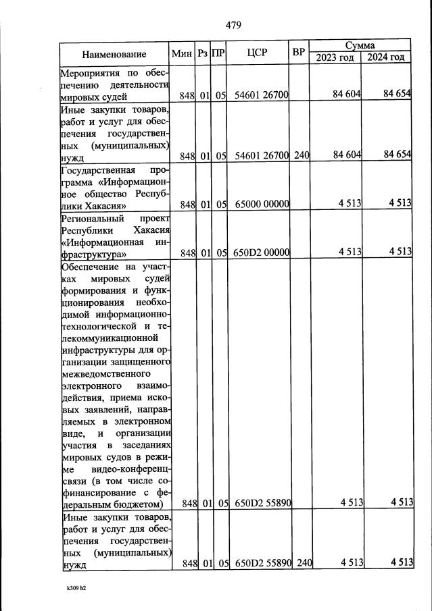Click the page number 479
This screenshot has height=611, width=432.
[x=233, y=26]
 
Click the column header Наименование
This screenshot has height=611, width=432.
[x=114, y=54]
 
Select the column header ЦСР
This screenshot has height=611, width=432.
[x=258, y=53]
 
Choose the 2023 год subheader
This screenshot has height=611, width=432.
[x=335, y=57]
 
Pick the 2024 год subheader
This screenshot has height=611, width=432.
[x=386, y=57]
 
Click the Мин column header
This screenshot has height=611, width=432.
[x=183, y=53]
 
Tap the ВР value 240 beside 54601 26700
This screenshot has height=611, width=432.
[x=302, y=156]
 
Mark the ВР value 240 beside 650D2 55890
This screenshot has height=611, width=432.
[x=302, y=564]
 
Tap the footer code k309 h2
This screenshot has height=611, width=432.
[x=76, y=589]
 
